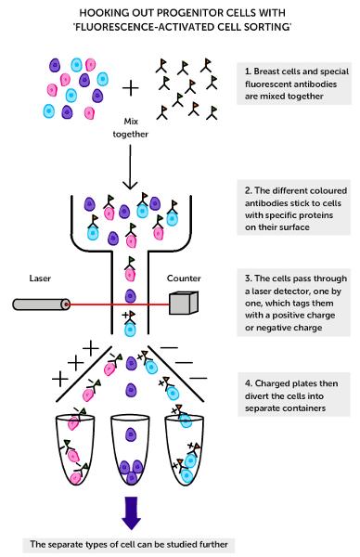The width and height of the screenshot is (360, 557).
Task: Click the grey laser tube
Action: [41, 304]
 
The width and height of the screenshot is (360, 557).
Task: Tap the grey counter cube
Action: [183, 303]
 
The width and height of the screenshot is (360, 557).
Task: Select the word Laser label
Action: [40, 278]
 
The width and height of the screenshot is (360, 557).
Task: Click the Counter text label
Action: [184, 278]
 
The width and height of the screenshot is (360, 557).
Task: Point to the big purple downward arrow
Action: [132, 513]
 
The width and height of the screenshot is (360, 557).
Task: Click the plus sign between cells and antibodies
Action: [130, 88]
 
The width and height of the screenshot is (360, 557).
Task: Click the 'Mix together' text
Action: [130, 128]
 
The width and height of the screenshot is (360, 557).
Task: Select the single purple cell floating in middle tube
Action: [131, 434]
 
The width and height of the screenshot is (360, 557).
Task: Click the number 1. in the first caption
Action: [248, 71]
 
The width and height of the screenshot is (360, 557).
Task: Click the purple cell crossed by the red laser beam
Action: [130, 296]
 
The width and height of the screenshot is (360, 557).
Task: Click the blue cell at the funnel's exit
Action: [130, 330]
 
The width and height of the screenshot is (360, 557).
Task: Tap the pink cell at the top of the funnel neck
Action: [130, 274]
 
